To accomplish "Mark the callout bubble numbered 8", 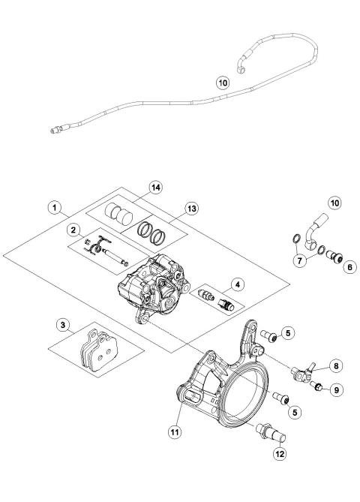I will pyautogui.click(x=336, y=367).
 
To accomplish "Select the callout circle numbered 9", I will pyautogui.click(x=336, y=389).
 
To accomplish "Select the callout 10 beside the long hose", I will pyautogui.click(x=223, y=83).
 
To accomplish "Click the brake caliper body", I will pyautogui.click(x=154, y=286).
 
